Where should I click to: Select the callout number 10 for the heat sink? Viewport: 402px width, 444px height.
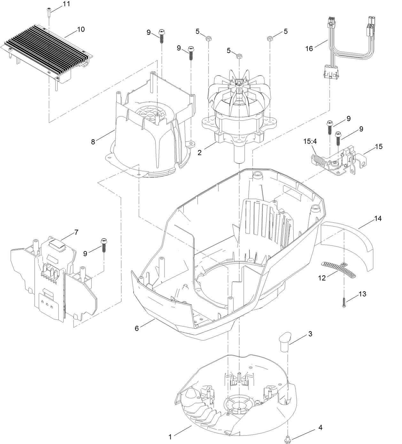click(81, 29)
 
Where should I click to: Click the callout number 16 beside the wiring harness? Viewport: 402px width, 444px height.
click(309, 49)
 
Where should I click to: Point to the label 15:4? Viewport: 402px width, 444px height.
click(309, 141)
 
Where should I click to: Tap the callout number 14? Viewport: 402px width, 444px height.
click(378, 219)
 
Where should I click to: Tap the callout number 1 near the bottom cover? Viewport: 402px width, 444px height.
click(170, 437)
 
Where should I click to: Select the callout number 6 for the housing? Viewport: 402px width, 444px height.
click(137, 328)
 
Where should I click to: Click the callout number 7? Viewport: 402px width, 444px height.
click(76, 232)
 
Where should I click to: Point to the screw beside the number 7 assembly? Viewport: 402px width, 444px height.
click(104, 245)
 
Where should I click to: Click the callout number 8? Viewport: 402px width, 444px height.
click(93, 142)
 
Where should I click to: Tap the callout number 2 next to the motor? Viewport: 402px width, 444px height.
click(199, 152)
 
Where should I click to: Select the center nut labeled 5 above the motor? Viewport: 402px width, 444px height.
click(239, 57)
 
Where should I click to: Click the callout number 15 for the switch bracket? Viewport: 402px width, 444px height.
click(379, 147)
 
